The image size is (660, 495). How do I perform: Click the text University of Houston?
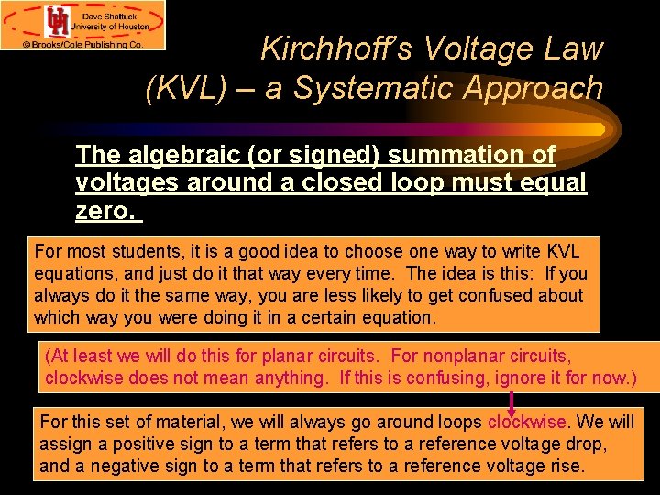115,27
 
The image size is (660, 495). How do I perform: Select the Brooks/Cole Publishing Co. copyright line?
83,43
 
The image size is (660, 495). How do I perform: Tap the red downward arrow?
511,401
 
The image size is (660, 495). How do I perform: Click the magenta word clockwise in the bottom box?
527,423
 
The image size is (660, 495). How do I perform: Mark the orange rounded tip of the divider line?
597,129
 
